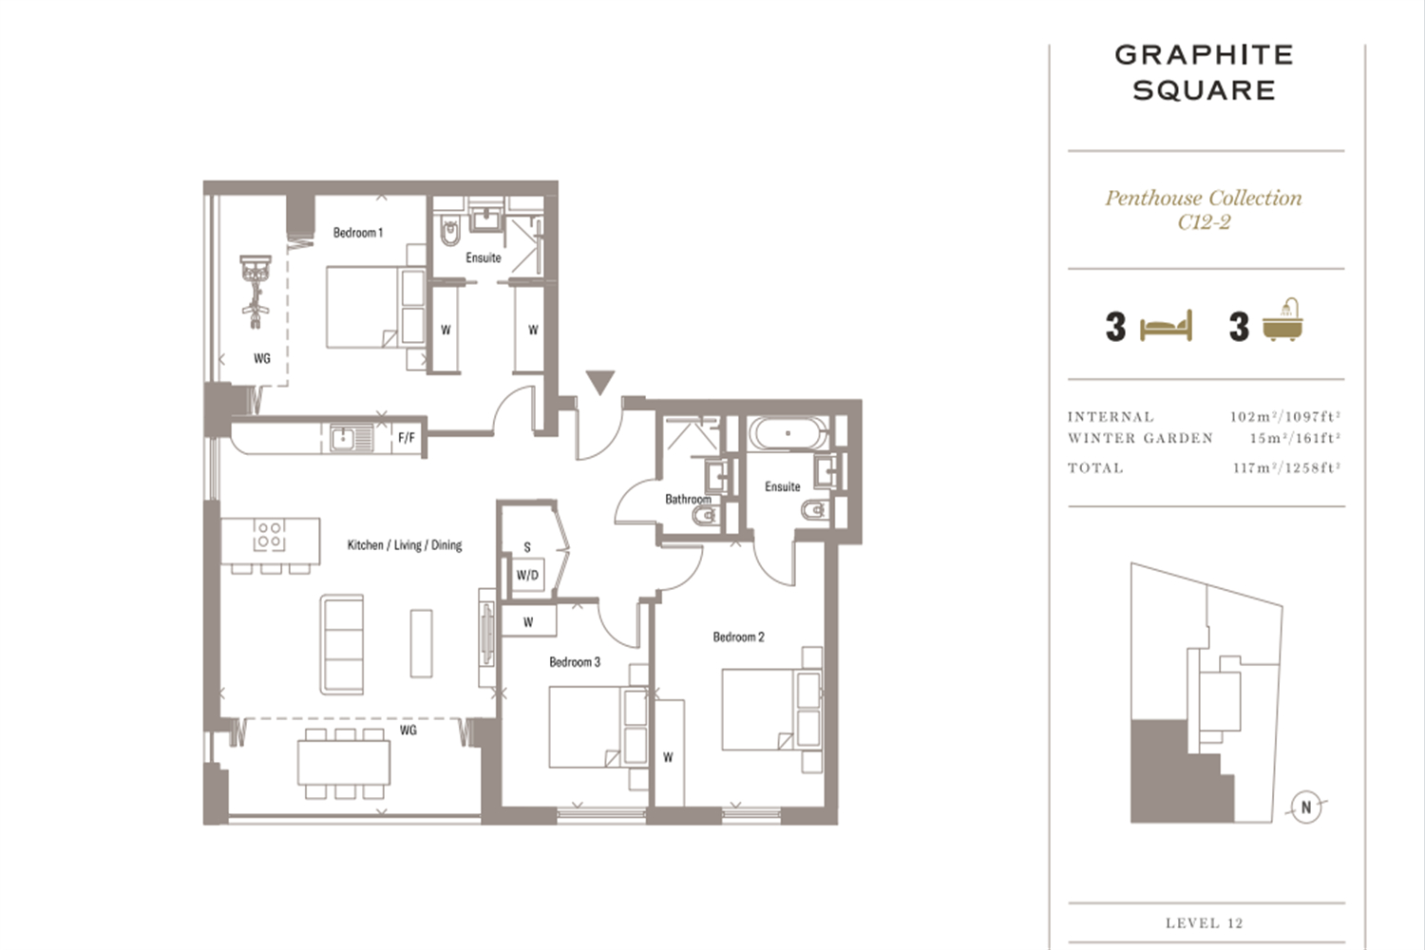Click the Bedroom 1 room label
357,233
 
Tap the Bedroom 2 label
738,636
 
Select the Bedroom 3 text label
575,662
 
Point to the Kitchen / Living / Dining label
405,545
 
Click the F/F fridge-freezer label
407,438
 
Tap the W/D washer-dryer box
527,576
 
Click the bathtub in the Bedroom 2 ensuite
788,432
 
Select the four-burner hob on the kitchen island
269,535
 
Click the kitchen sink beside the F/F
344,438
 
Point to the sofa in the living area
342,644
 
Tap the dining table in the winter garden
344,762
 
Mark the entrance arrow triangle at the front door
599,382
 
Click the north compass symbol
1306,807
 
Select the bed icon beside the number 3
1166,327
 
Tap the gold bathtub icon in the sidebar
1282,320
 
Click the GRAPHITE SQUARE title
1205,72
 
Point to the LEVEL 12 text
1205,922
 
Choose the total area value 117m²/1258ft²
1286,467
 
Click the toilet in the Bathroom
705,515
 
